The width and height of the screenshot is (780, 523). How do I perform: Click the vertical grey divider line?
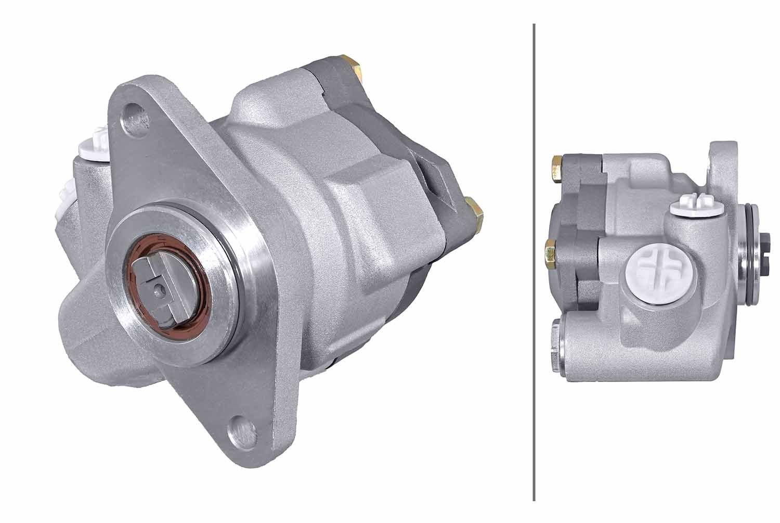point(534,260)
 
